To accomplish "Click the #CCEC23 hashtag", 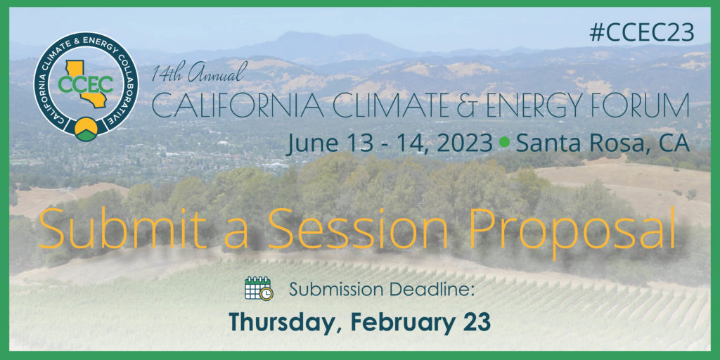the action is coord(642,33).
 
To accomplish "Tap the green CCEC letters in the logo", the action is coord(85,84).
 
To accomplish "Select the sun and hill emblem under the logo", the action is coord(86,129).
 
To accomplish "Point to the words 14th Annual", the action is coord(200,72).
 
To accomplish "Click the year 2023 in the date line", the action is coord(464,143).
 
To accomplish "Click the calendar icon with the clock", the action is coord(259,288).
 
